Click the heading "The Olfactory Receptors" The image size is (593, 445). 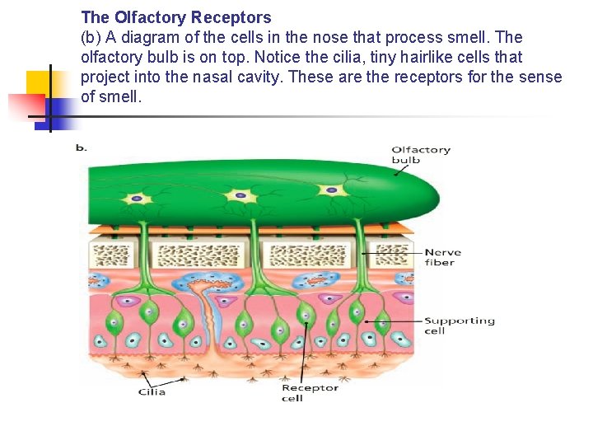tap(175, 17)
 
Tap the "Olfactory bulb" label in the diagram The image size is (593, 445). tap(421, 155)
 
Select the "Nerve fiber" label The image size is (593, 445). tap(442, 257)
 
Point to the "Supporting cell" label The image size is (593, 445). tap(459, 326)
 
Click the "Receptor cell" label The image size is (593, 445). tap(310, 392)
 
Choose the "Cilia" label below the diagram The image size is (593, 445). tap(152, 391)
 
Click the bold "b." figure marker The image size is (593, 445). tap(81, 148)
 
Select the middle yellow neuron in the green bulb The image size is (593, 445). tap(240, 195)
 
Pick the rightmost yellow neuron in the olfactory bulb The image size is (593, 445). tap(332, 190)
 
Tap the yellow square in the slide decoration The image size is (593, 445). tap(40, 83)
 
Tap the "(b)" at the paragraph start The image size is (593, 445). tap(91, 37)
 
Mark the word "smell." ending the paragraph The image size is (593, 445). tap(121, 97)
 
